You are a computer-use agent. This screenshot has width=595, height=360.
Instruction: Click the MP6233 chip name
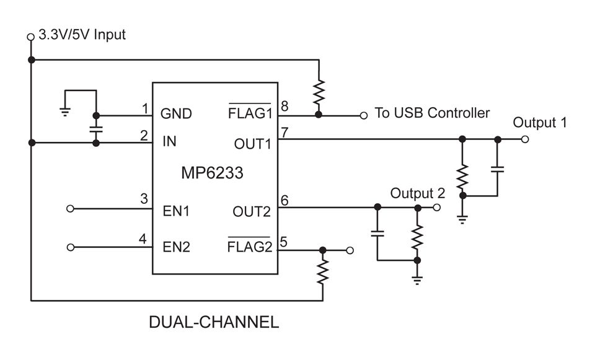coord(212,173)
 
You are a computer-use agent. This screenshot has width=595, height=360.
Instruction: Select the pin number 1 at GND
coord(145,108)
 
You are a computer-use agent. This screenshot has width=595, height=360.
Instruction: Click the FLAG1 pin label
coord(250,113)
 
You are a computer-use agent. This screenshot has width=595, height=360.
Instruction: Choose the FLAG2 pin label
coord(250,247)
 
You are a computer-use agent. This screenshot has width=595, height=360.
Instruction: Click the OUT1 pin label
coord(252,144)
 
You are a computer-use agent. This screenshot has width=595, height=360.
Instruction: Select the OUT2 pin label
coord(252,211)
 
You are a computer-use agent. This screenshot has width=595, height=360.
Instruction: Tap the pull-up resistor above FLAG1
coord(318,92)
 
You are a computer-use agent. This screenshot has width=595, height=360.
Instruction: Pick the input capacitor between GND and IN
coord(95,130)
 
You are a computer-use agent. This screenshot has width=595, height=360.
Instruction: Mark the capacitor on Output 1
coord(497,168)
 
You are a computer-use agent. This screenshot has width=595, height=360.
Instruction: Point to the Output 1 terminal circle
coord(525,139)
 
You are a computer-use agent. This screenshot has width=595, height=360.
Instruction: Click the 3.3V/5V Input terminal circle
coord(30,37)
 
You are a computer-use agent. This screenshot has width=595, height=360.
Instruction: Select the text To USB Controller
coord(432,113)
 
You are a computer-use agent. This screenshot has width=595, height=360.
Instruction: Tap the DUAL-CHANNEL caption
coord(213,323)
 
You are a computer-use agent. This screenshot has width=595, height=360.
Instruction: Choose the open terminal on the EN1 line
coord(71,209)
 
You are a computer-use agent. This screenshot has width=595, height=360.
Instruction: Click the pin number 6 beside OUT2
coord(284,200)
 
